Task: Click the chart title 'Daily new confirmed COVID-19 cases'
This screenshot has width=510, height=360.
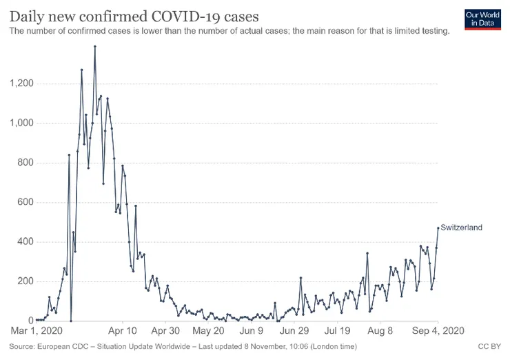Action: point(134,16)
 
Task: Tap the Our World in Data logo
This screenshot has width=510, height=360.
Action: point(482,19)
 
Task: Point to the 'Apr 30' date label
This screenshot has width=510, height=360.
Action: point(165,331)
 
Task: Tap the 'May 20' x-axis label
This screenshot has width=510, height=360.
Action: point(209,331)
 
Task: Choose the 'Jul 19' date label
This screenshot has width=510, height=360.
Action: point(338,331)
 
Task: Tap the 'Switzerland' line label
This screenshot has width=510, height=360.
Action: point(461,228)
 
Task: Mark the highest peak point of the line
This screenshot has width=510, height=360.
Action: point(94,46)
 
